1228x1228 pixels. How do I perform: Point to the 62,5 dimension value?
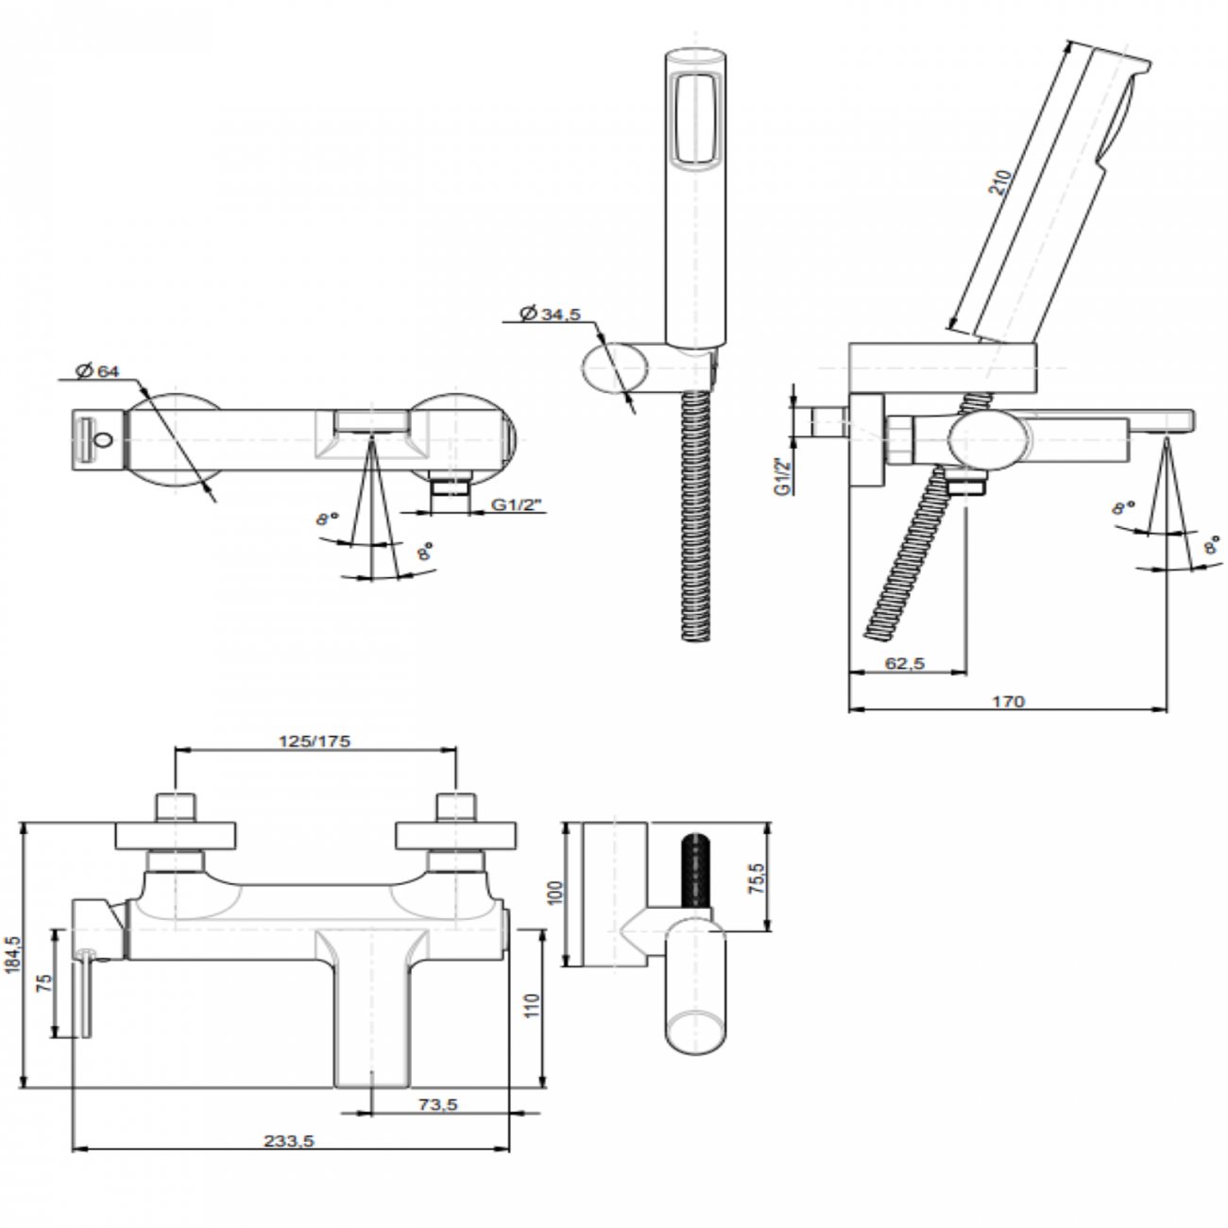pyautogui.click(x=904, y=663)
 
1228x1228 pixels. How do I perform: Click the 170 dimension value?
pyautogui.click(x=1008, y=701)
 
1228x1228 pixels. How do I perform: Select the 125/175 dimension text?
pyautogui.click(x=315, y=741)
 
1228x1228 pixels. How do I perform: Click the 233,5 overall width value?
pyautogui.click(x=289, y=1140)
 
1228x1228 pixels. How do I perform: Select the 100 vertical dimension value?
pyautogui.click(x=555, y=893)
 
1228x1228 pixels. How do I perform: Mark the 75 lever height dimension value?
pyautogui.click(x=43, y=982)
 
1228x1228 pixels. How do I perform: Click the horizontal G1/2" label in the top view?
pyautogui.click(x=515, y=504)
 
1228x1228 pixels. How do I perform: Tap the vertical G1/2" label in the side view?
pyautogui.click(x=780, y=477)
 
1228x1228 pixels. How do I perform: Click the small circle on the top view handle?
pyautogui.click(x=104, y=438)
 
